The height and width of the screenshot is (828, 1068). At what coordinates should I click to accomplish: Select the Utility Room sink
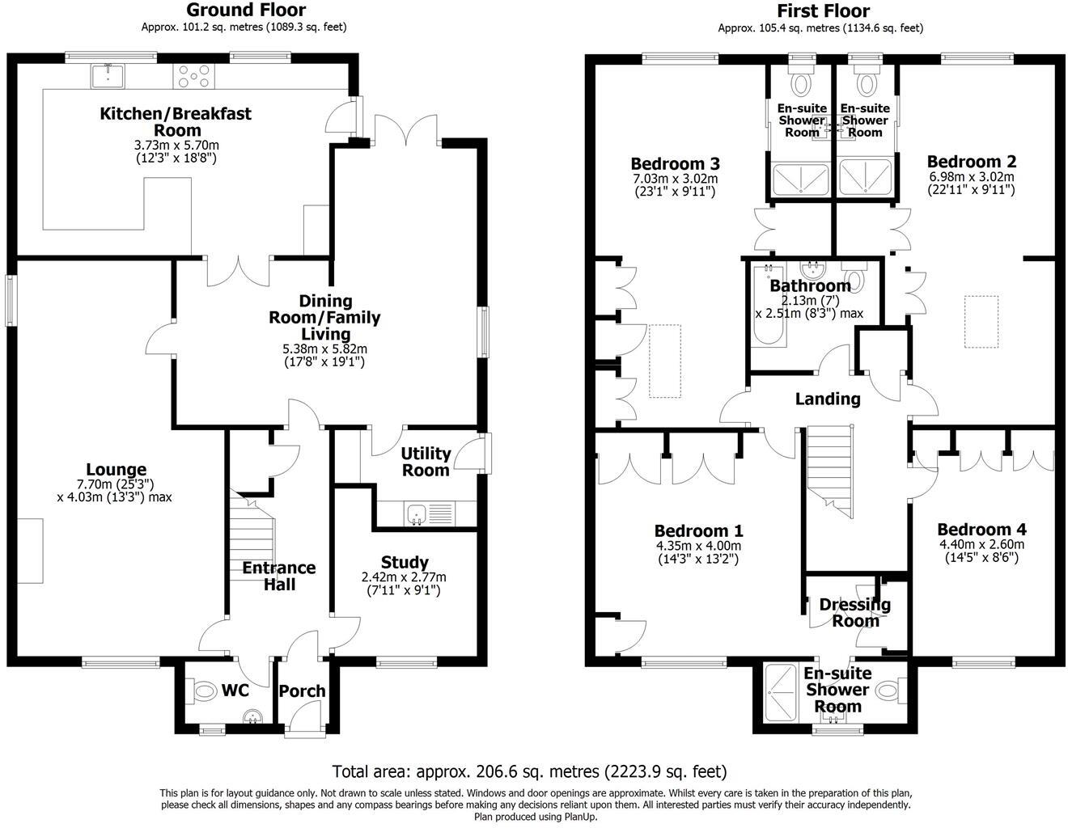point(417,513)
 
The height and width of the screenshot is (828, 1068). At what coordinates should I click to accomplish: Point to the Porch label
point(302,691)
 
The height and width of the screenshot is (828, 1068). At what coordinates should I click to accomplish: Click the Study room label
point(405,562)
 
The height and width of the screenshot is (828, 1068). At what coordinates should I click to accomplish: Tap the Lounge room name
point(117,470)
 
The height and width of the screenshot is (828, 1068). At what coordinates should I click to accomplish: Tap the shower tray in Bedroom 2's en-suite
point(866,177)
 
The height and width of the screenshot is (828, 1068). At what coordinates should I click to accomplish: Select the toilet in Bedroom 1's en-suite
point(888,691)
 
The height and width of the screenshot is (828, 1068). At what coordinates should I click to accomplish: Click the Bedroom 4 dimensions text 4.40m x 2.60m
point(981,544)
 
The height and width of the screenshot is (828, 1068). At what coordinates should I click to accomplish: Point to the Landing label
point(828,399)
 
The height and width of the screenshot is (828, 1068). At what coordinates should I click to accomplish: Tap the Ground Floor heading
point(246,11)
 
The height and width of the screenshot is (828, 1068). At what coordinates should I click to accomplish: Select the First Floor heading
point(823,11)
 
